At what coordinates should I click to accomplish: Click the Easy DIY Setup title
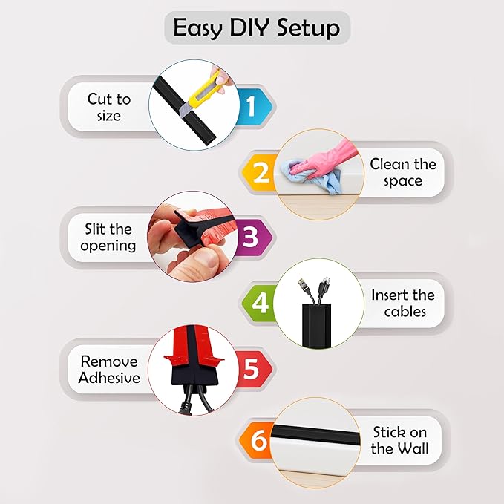point(256,28)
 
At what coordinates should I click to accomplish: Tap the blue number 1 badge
point(250,107)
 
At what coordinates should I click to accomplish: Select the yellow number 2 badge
point(261,172)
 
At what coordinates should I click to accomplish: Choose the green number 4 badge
point(260,303)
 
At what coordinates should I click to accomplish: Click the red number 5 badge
point(251,369)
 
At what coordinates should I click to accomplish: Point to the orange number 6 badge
point(258,440)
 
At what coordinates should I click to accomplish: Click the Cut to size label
point(108,107)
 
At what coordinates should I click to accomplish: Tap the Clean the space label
point(403,172)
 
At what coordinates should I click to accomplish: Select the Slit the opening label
point(110,237)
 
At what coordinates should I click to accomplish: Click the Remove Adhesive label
point(110,369)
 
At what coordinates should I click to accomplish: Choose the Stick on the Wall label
point(399,440)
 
